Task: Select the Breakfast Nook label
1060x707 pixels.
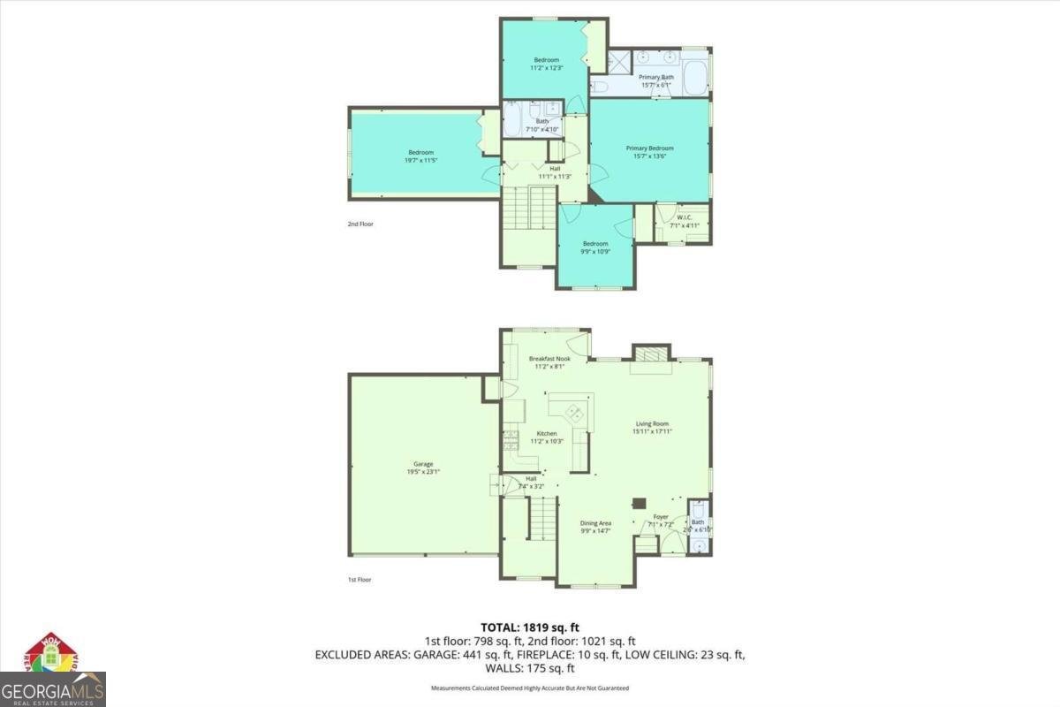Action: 549,359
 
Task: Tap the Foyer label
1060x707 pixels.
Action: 661,517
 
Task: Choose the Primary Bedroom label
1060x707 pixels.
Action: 649,148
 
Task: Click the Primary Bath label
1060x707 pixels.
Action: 656,78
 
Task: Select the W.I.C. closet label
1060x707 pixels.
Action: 685,217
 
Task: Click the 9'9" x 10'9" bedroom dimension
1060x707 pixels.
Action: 595,253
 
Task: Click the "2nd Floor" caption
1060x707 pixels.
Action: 360,224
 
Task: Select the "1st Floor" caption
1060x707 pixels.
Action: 360,580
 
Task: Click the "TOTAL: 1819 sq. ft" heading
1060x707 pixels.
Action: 530,627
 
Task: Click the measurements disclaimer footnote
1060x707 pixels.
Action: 530,688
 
